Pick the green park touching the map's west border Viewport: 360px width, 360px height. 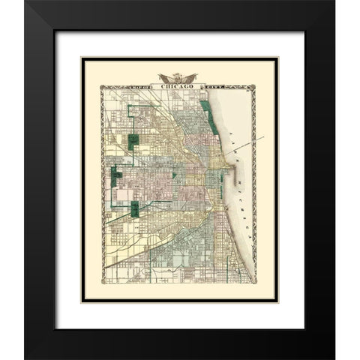[x=115, y=178]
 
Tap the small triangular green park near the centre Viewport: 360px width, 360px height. [x=173, y=175]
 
